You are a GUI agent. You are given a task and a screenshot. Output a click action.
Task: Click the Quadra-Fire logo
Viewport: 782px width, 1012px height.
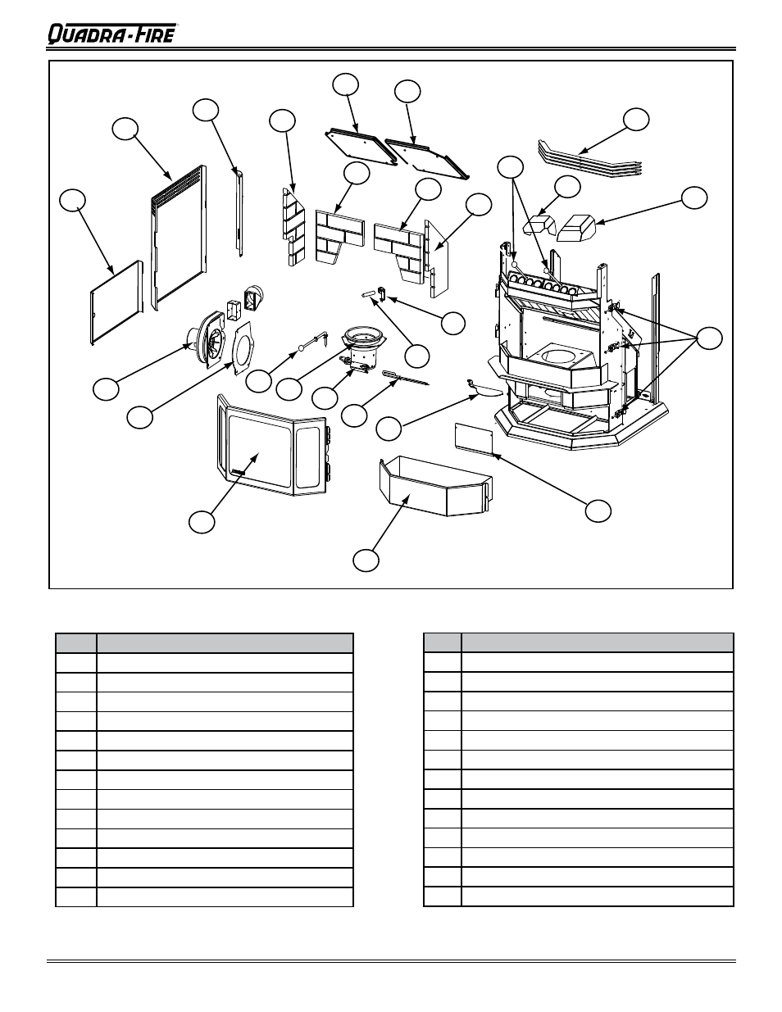click(x=113, y=34)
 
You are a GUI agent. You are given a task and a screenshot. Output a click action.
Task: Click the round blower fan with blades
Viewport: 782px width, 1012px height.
click(x=207, y=338)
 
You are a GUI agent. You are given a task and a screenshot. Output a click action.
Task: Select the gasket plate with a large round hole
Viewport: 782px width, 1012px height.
click(x=243, y=348)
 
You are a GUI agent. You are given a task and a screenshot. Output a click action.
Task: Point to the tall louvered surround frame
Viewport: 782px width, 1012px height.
click(x=179, y=238)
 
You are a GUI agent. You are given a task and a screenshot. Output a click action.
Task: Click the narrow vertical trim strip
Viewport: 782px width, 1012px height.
click(x=239, y=213)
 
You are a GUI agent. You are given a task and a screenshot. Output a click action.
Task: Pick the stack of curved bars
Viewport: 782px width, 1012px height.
click(x=589, y=157)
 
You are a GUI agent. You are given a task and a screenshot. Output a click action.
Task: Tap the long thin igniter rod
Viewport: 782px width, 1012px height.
click(x=405, y=378)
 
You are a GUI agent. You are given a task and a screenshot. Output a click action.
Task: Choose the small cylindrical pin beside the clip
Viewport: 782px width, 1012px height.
click(x=368, y=293)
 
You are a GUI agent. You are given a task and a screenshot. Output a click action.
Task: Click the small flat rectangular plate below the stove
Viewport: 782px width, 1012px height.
click(x=474, y=438)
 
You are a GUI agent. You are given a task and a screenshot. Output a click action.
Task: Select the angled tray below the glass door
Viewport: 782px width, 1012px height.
click(x=435, y=487)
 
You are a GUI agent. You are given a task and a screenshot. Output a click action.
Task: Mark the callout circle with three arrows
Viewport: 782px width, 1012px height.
click(x=709, y=338)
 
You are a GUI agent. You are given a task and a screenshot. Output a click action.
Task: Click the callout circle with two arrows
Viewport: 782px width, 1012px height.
click(x=511, y=166)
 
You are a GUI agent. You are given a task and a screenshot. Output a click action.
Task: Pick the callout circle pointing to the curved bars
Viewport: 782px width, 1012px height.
click(x=636, y=119)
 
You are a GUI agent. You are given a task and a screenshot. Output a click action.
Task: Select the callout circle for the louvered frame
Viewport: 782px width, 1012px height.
click(x=125, y=129)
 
